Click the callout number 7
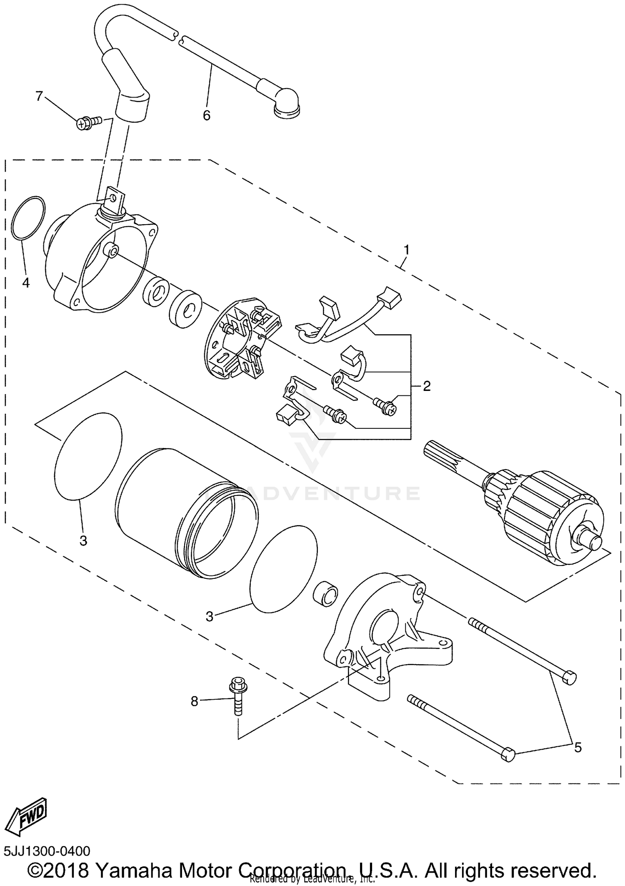pyautogui.click(x=39, y=96)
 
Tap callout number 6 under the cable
pyautogui.click(x=207, y=115)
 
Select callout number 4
pyautogui.click(x=26, y=283)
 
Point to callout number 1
pyautogui.click(x=406, y=250)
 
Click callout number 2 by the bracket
pyautogui.click(x=426, y=386)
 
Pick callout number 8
pyautogui.click(x=195, y=701)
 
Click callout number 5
pyautogui.click(x=577, y=747)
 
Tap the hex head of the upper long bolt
pyautogui.click(x=569, y=678)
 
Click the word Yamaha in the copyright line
pyautogui.click(x=135, y=870)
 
